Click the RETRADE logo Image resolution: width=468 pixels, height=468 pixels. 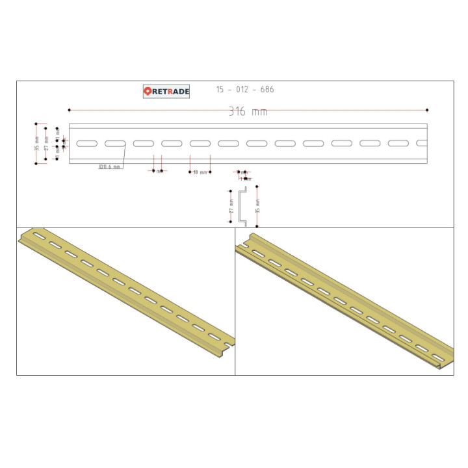click(166, 92)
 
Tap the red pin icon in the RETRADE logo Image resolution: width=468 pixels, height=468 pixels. click(148, 92)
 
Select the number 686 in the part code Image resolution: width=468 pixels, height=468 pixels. click(266, 90)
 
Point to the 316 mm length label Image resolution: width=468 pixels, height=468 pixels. click(248, 112)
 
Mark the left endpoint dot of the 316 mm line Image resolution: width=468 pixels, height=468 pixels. click(69, 110)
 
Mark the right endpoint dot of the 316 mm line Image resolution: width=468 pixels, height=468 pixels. click(427, 110)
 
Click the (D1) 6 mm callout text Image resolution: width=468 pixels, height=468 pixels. click(109, 167)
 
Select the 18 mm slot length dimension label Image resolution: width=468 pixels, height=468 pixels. click(200, 172)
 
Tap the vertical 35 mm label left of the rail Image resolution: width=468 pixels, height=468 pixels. click(37, 144)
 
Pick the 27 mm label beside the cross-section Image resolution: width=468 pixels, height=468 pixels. click(231, 207)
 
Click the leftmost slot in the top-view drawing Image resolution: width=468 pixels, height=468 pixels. click(86, 143)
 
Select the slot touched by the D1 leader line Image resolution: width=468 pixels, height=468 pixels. click(115, 143)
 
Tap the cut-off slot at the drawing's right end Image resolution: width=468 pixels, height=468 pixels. click(422, 143)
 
